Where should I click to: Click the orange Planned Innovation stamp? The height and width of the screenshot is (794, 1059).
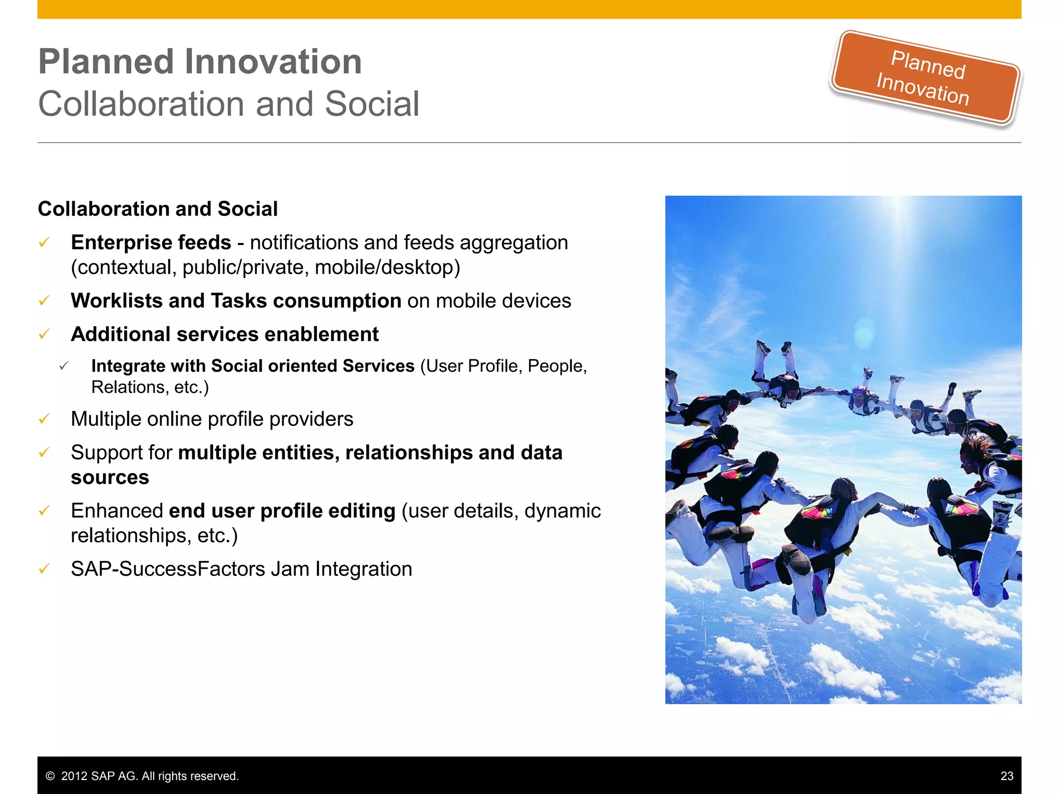click(925, 78)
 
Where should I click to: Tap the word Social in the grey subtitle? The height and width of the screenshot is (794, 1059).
click(372, 104)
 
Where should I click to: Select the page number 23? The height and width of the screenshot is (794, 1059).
click(1006, 776)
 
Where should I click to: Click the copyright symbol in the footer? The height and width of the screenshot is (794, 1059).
click(50, 776)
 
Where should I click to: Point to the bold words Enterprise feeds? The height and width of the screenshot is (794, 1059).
click(150, 242)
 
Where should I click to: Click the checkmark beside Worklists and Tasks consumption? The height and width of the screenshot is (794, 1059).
click(44, 300)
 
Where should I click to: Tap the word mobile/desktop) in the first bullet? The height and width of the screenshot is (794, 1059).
click(387, 267)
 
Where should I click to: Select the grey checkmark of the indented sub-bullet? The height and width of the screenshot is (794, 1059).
click(64, 366)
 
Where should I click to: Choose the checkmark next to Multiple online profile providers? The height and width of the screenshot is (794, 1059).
click(44, 419)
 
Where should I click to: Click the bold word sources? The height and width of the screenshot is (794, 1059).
click(110, 477)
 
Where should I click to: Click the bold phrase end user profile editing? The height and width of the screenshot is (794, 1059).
click(282, 511)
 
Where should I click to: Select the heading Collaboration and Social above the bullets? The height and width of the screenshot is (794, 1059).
click(158, 209)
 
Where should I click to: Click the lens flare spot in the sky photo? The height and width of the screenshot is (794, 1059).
click(864, 333)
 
